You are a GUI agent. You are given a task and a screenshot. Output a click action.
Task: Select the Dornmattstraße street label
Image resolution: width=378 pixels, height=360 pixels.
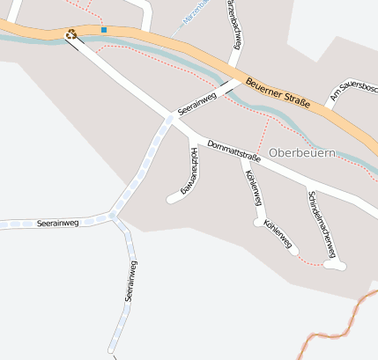233,151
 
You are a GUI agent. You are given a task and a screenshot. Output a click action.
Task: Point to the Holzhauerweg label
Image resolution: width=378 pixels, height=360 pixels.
191,170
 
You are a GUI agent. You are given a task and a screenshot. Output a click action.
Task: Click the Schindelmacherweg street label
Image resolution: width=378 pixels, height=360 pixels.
322,224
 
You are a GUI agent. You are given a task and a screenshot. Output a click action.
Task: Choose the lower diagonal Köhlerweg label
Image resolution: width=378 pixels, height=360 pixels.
278,235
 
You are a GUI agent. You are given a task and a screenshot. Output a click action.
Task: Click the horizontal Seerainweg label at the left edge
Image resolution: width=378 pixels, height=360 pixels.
58,224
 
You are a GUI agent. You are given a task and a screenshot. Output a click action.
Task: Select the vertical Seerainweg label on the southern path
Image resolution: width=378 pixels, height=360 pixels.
129,282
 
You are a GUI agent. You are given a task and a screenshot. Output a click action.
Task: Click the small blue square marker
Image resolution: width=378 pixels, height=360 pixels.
104,30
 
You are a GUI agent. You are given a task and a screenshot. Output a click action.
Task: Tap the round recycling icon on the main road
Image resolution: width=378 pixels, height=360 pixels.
71,34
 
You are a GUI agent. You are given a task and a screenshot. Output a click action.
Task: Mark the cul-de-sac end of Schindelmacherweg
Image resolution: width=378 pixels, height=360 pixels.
336,264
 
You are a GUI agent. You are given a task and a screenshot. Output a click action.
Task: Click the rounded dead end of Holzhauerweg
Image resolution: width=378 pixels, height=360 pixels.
172,199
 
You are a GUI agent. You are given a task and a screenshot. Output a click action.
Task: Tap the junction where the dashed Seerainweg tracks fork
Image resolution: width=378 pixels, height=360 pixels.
112,215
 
